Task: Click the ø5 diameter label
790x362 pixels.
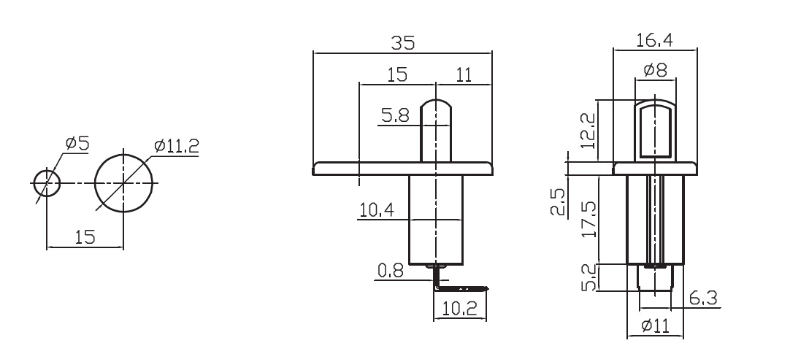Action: pyautogui.click(x=77, y=143)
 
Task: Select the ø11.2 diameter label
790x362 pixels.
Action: pyautogui.click(x=176, y=146)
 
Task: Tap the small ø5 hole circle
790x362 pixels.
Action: pyautogui.click(x=46, y=182)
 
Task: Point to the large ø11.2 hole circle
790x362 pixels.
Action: pyautogui.click(x=124, y=182)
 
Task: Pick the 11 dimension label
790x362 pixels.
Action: pyautogui.click(x=464, y=74)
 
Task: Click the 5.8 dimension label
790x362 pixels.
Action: pyautogui.click(x=395, y=115)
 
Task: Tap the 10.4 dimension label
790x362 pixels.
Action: pyautogui.click(x=377, y=211)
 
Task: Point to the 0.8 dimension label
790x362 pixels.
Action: pyautogui.click(x=391, y=272)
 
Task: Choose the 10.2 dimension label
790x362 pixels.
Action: pyautogui.click(x=460, y=309)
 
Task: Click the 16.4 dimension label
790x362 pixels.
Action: pyautogui.click(x=655, y=40)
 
